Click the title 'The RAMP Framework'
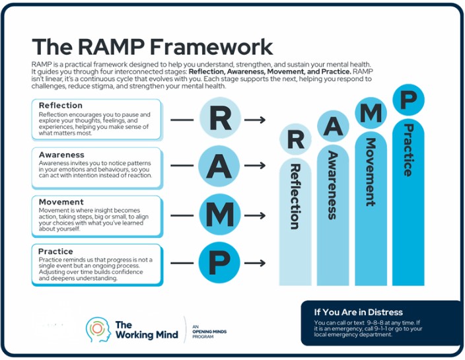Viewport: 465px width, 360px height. click(152, 47)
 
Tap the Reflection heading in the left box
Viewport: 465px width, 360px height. click(60, 105)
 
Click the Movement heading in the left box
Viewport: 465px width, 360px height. click(61, 202)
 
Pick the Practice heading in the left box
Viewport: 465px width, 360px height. click(55, 251)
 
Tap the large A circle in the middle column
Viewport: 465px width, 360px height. click(219, 168)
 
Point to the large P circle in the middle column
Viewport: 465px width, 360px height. click(219, 264)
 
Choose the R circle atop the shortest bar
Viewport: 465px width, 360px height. click(295, 140)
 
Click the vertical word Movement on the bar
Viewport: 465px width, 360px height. click(371, 172)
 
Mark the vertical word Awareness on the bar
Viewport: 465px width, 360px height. click(332, 186)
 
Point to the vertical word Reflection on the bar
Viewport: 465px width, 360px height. click(295, 196)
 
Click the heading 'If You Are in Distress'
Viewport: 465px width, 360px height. click(357, 312)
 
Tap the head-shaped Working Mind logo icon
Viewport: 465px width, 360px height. click(97, 328)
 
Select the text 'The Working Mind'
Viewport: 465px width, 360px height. click(146, 330)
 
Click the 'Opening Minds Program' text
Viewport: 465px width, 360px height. click(209, 331)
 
